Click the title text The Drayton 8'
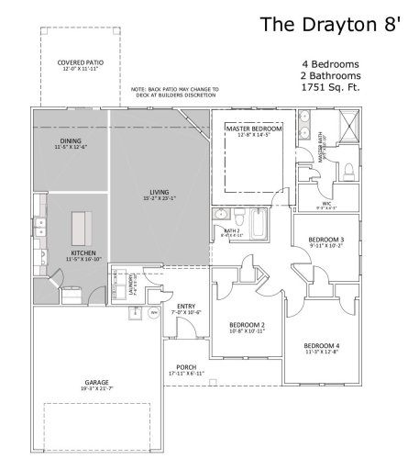coord(330,24)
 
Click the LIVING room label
coord(160,194)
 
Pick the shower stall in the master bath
coord(348,125)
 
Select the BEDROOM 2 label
coord(247,327)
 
